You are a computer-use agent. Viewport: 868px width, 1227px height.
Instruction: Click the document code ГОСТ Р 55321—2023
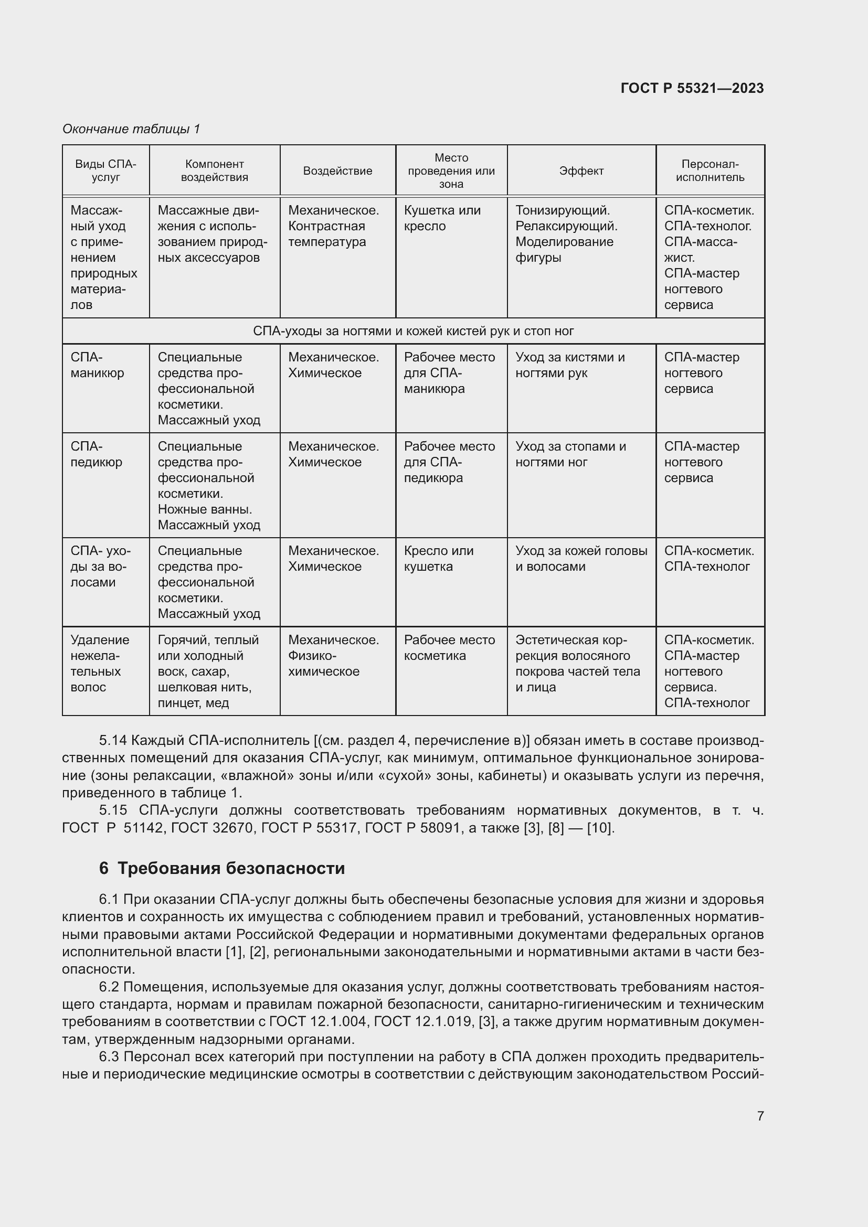click(692, 88)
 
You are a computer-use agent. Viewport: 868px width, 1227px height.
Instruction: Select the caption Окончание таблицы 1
click(131, 129)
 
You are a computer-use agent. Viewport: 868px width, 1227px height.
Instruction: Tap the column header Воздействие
click(337, 171)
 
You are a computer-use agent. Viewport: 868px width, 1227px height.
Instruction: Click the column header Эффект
click(581, 171)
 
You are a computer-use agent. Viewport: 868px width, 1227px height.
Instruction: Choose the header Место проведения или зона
click(451, 171)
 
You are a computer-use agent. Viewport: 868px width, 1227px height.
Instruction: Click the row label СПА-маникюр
click(97, 365)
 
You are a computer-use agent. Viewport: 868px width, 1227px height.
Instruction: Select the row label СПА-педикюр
click(96, 454)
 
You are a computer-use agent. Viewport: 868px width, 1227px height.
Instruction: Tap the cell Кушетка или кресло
click(442, 218)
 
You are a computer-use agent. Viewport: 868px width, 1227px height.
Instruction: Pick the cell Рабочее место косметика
click(449, 648)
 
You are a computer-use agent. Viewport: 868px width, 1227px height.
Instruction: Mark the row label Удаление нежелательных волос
click(99, 663)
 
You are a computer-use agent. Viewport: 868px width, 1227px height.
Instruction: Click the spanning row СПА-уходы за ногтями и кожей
click(413, 332)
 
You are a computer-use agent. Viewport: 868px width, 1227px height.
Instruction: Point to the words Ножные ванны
click(205, 509)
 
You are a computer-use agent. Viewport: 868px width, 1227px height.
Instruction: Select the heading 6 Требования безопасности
click(222, 868)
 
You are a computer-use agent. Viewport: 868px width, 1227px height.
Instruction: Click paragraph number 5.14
click(113, 741)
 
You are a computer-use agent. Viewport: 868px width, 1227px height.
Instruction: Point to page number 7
click(760, 1116)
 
